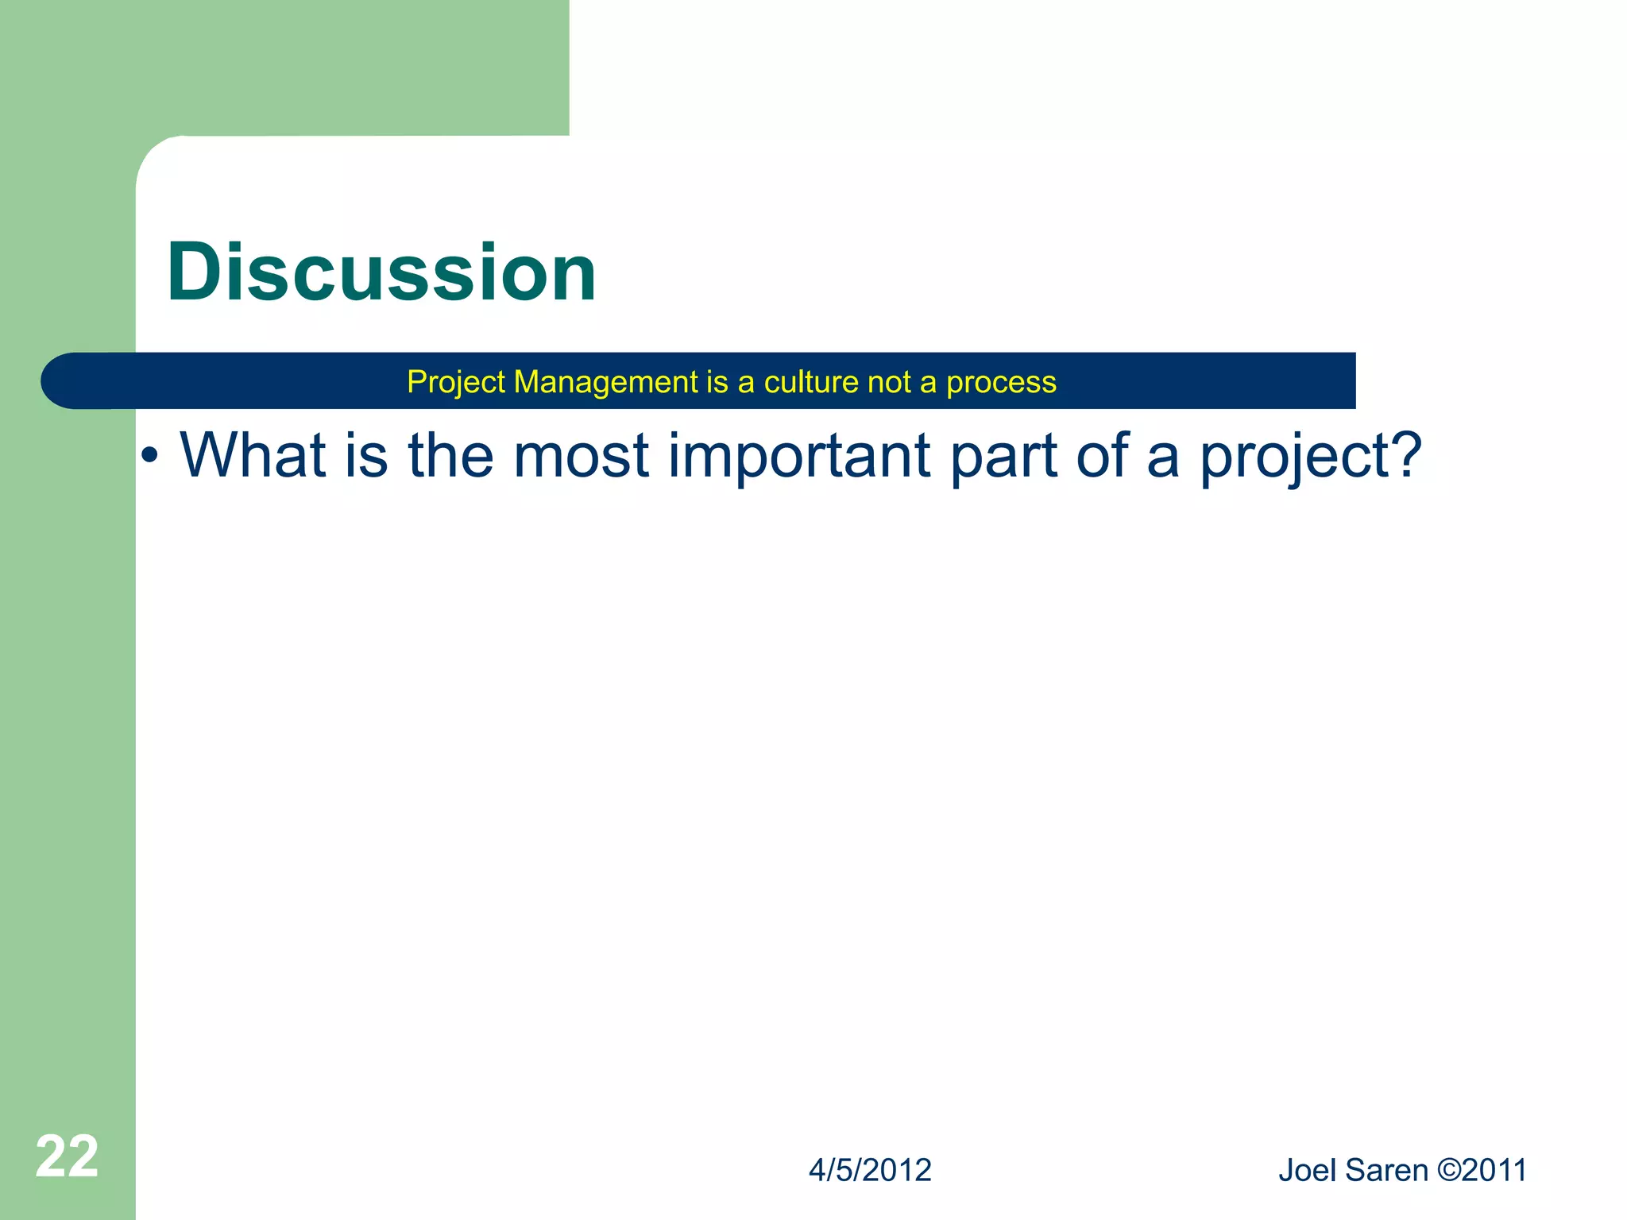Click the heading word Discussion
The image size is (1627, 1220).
tap(381, 272)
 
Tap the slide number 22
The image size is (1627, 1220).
tap(67, 1156)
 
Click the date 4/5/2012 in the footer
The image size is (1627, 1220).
tap(870, 1171)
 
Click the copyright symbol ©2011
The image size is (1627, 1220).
tap(1482, 1171)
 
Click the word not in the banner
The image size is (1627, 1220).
tap(889, 383)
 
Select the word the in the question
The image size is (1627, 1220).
tap(450, 455)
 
